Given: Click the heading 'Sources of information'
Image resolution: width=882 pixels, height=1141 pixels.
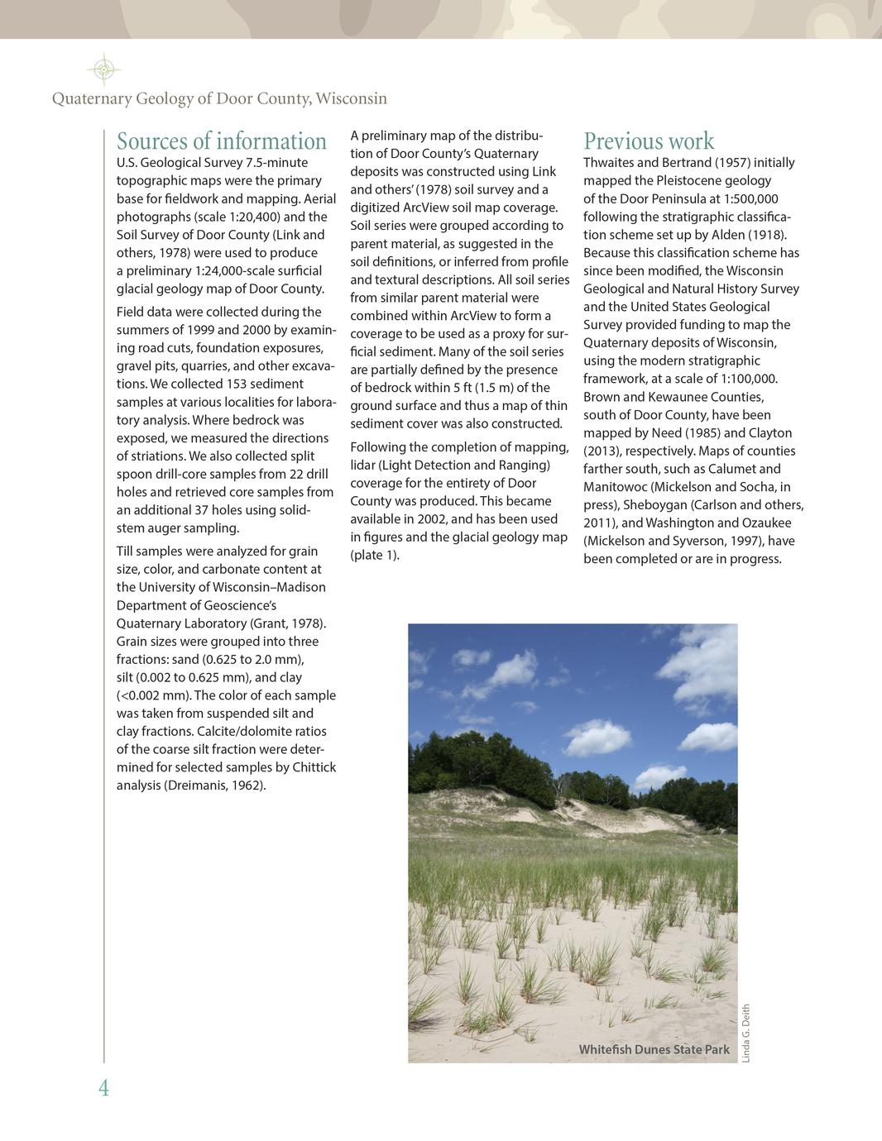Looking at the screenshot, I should coord(222,141).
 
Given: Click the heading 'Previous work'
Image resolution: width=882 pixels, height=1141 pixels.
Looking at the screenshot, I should coord(649,141).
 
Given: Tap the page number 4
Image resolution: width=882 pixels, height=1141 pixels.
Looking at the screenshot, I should coord(103,1088).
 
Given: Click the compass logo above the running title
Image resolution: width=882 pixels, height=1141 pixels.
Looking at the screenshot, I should coord(103,70).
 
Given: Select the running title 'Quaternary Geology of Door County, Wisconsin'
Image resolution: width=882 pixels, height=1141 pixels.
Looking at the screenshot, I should coord(219,99).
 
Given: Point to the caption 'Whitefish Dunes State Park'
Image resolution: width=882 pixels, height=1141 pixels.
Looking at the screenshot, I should coord(654,1049).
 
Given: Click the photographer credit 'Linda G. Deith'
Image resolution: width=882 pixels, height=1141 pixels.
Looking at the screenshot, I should coord(745,1033).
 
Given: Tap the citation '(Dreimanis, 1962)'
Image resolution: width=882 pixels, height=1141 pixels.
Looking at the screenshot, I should coord(214,785).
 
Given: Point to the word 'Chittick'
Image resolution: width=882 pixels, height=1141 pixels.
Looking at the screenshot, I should coord(314,767).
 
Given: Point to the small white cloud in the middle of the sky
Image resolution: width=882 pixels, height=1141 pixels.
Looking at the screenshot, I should coord(596,733).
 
